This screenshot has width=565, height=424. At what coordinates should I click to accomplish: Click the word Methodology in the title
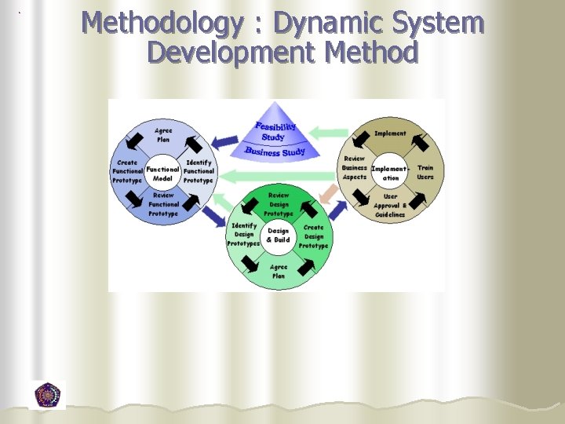click(x=161, y=23)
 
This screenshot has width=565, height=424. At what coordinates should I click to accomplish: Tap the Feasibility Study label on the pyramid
click(x=274, y=131)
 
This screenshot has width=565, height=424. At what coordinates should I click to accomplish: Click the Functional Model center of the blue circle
click(x=162, y=174)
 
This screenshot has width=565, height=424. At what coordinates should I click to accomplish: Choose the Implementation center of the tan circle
click(x=389, y=173)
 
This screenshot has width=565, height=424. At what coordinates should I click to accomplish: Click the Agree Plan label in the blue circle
click(x=164, y=135)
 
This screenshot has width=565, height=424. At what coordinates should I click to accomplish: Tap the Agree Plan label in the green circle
click(x=279, y=272)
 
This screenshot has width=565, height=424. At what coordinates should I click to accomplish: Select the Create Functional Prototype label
click(x=128, y=172)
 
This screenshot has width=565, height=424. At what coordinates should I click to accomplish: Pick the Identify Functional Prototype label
click(x=199, y=171)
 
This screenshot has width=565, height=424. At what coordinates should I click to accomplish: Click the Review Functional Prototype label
click(x=163, y=204)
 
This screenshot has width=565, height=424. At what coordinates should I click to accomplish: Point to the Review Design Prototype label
click(x=279, y=204)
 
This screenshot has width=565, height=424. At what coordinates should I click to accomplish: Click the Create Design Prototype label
click(x=314, y=236)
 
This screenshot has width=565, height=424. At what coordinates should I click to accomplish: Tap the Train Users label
click(x=425, y=173)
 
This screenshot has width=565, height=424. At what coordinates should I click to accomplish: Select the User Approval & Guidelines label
click(x=390, y=206)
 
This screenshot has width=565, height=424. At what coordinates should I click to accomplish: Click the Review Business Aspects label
click(x=354, y=168)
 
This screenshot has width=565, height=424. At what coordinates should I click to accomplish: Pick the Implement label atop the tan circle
click(x=390, y=133)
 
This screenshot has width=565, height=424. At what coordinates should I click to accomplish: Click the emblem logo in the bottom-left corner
click(x=47, y=395)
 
